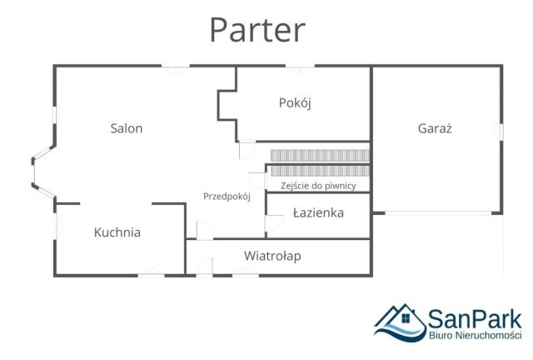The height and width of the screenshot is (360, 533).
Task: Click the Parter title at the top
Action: [257, 29]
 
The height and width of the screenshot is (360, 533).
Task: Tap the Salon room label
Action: [127, 128]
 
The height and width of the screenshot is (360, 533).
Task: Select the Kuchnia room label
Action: [117, 232]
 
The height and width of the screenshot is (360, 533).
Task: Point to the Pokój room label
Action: [294, 103]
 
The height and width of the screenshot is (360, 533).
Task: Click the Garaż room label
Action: [435, 128]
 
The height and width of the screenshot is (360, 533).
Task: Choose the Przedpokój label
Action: [227, 196]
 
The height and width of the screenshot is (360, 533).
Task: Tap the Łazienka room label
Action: [318, 212]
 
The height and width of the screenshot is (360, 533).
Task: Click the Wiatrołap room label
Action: [272, 256]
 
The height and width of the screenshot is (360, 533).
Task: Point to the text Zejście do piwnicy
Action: [318, 186]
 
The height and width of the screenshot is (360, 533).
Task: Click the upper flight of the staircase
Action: [319, 155]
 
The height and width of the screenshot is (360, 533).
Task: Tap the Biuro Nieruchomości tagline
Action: [475, 335]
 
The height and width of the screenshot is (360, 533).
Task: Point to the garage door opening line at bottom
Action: [441, 213]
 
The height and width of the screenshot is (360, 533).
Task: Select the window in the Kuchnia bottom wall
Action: [151, 274]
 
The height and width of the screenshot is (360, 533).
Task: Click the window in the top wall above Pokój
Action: [300, 67]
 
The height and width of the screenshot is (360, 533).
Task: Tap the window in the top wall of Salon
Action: [175, 67]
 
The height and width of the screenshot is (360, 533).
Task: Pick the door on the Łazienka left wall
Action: [266, 222]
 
